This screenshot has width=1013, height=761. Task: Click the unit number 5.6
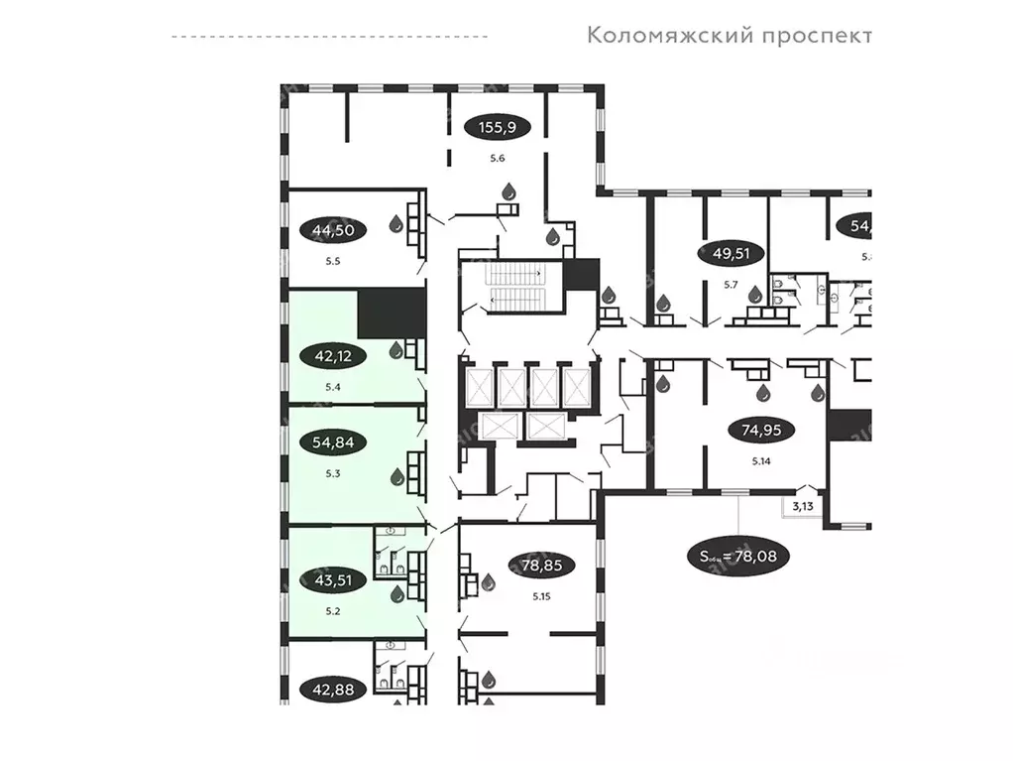[x=498, y=158]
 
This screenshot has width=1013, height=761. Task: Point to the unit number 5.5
[x=333, y=262]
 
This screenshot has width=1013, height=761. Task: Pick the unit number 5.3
[x=333, y=473]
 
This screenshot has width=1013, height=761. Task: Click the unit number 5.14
[x=761, y=461]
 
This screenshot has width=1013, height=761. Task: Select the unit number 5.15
[x=540, y=596]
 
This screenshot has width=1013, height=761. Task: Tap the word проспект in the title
[x=817, y=36]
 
